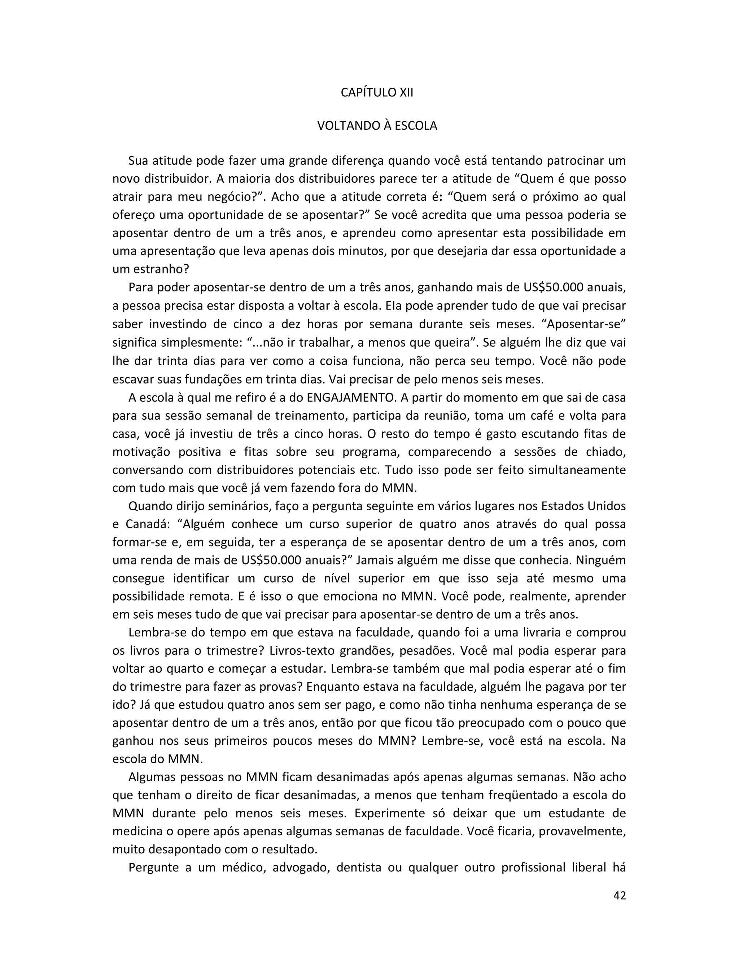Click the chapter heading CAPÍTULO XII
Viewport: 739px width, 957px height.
(376, 93)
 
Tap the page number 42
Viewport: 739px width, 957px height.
(620, 895)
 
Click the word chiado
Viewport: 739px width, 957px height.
(604, 452)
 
